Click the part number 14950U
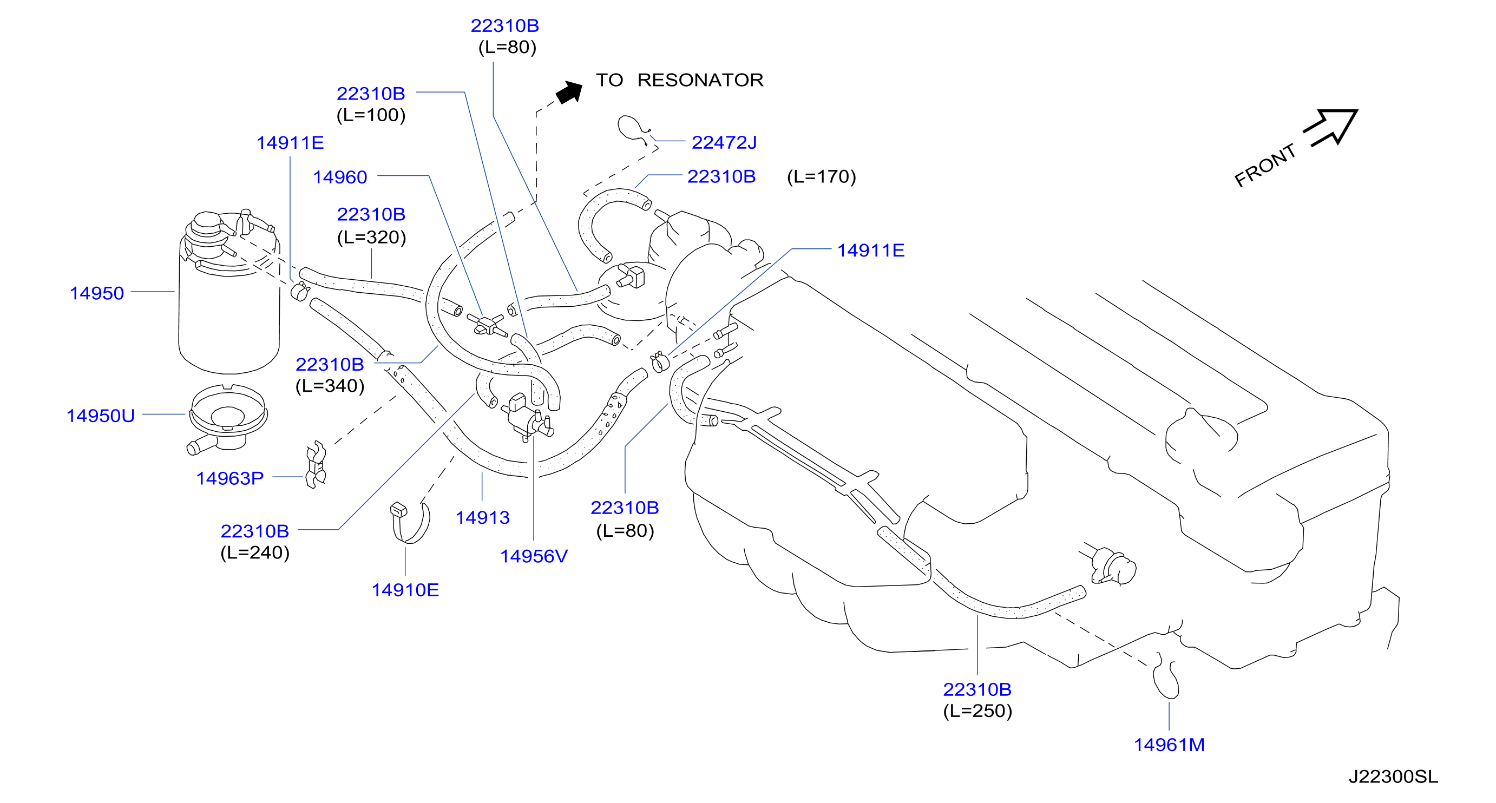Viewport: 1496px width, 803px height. tap(101, 416)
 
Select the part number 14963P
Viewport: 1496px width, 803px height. tap(230, 478)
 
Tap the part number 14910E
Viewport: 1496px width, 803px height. tap(405, 590)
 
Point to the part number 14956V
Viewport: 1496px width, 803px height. tap(534, 556)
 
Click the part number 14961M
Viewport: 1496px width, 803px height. tap(1169, 745)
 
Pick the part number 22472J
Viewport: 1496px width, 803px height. tap(724, 142)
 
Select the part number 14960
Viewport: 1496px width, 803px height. tap(340, 177)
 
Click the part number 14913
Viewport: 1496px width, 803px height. tap(483, 517)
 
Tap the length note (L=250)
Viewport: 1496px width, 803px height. tap(977, 710)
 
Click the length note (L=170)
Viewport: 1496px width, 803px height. tap(822, 176)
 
